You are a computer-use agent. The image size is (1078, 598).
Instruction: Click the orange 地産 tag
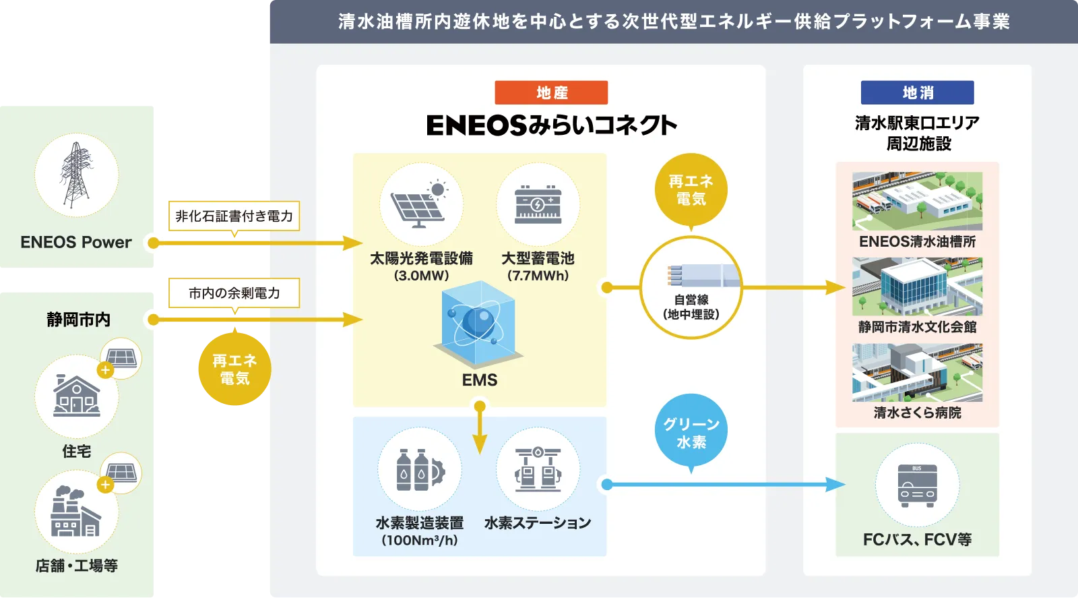(x=551, y=93)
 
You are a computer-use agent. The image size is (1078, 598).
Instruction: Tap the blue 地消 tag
(x=917, y=93)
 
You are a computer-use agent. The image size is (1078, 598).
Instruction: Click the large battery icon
(x=538, y=204)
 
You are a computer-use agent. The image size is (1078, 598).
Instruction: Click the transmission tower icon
(x=76, y=175)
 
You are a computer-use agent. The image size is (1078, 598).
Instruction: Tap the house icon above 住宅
(x=77, y=396)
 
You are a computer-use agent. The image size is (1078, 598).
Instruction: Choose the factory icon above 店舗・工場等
(x=75, y=512)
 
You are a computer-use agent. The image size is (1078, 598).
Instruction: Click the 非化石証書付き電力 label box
(x=234, y=216)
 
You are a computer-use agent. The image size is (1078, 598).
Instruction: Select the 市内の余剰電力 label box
(x=234, y=293)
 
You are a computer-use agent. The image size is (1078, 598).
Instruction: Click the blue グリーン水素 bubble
(x=691, y=432)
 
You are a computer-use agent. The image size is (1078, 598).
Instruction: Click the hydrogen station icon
(x=538, y=469)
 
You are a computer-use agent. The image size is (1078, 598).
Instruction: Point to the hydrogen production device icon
(x=420, y=469)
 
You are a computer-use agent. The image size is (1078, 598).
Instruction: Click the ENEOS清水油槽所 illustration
(x=917, y=201)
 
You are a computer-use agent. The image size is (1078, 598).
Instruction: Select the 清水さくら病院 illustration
(x=917, y=373)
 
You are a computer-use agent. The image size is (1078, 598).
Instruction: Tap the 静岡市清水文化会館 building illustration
(x=917, y=287)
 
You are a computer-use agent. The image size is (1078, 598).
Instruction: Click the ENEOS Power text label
(x=76, y=243)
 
